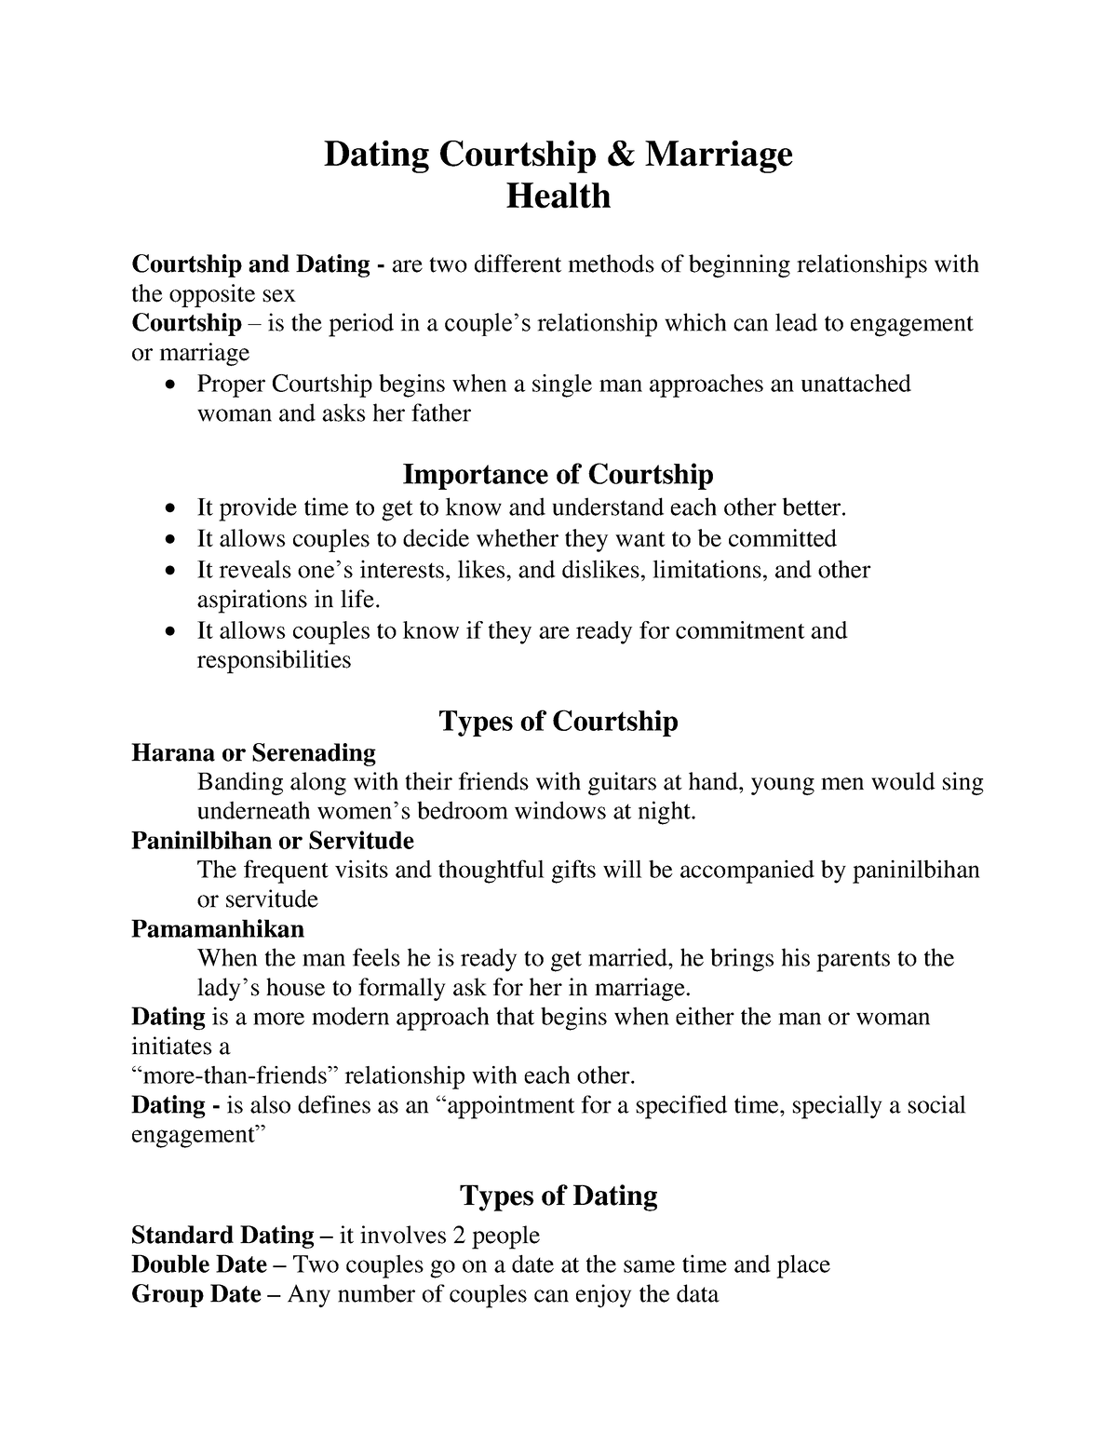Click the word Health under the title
point(558,196)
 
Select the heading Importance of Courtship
point(558,475)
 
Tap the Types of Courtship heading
point(558,722)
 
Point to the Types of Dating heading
point(558,1196)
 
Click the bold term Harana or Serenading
point(253,752)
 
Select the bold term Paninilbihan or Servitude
point(272,841)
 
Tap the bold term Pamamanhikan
point(218,929)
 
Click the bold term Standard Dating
point(222,1236)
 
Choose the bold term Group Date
point(196,1294)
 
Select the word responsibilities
point(274,660)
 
